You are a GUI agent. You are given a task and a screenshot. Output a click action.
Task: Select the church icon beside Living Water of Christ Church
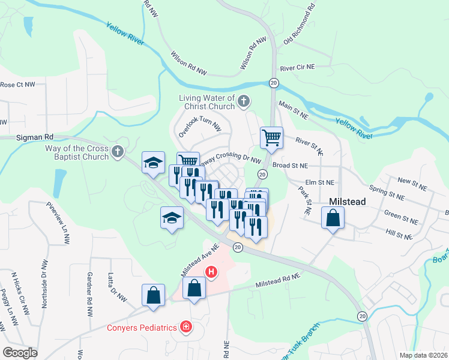pyautogui.click(x=243, y=101)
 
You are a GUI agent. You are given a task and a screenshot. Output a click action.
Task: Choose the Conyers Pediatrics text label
pyautogui.click(x=142, y=328)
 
